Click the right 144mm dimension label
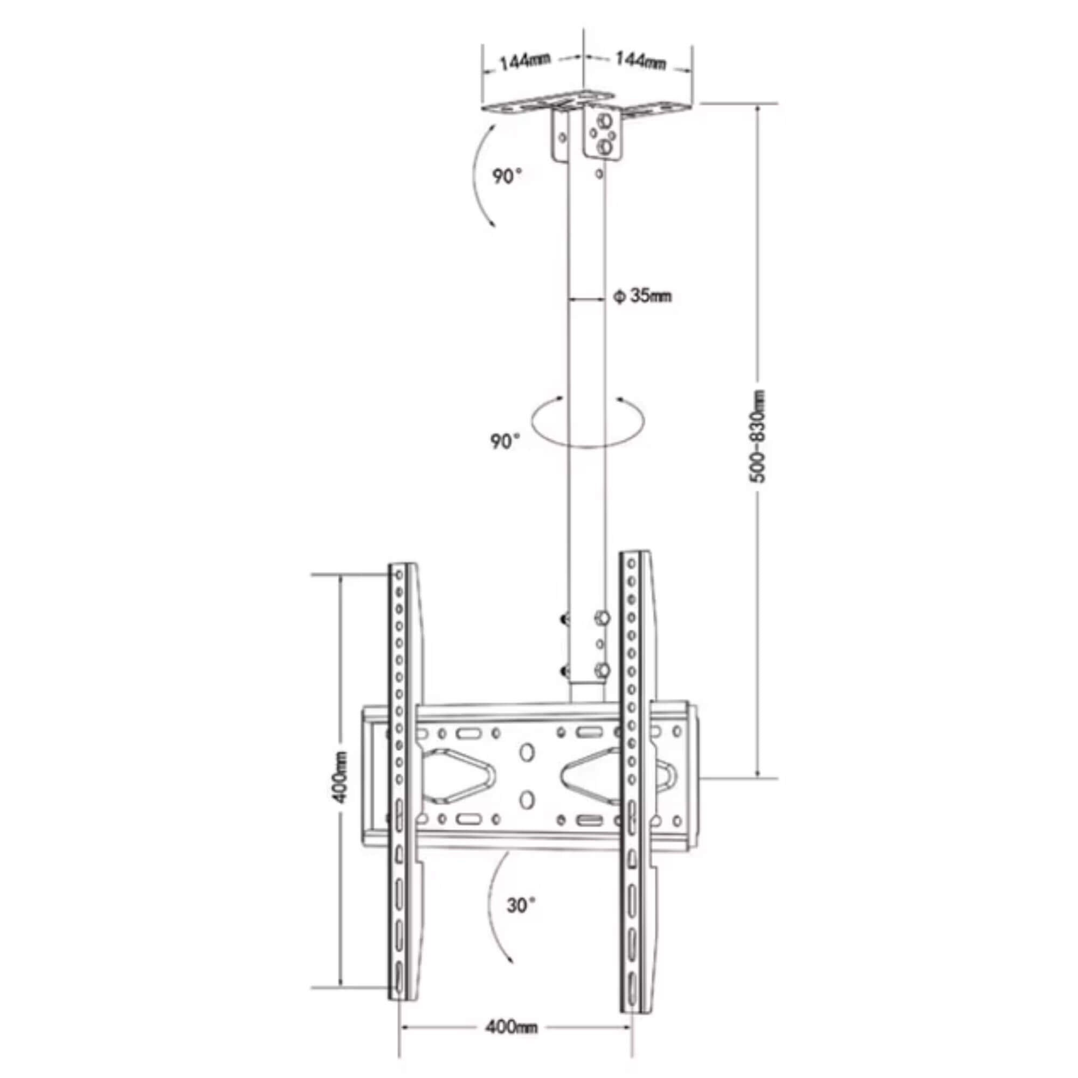tap(640, 60)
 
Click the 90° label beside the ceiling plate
tap(507, 177)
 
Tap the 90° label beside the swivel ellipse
tap(505, 441)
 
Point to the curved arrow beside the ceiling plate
tap(480, 176)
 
